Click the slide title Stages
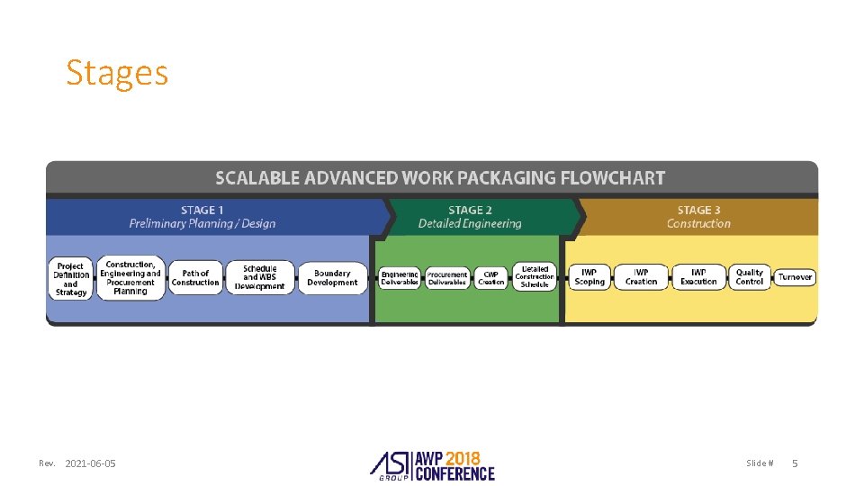(117, 73)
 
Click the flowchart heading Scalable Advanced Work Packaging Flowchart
(440, 177)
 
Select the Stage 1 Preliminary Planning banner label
(202, 217)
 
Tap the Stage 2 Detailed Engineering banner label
(470, 217)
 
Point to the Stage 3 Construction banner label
(698, 217)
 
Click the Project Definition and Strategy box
(71, 279)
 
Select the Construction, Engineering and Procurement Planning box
(130, 278)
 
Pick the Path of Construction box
(195, 278)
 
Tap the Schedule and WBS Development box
(260, 278)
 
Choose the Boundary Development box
(332, 278)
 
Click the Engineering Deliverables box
(400, 278)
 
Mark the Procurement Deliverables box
(447, 278)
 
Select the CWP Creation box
(491, 278)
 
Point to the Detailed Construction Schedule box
(535, 277)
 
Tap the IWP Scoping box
(589, 277)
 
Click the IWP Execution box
(698, 277)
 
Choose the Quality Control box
(749, 277)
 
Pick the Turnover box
(795, 277)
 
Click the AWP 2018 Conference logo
(433, 463)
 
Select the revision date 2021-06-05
(90, 463)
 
